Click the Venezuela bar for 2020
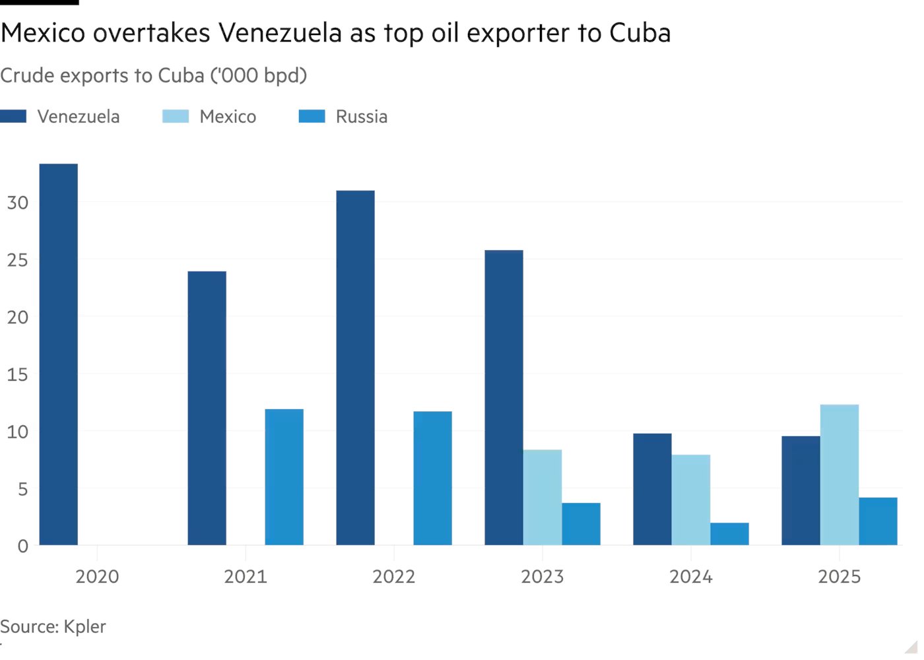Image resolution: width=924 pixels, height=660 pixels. [x=58, y=354]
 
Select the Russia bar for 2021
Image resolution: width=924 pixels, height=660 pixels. [x=284, y=477]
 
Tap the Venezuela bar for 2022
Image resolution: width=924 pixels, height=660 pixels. [x=355, y=368]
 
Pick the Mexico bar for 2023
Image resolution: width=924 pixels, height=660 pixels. [x=543, y=497]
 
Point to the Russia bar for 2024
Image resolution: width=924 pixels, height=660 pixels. [x=729, y=534]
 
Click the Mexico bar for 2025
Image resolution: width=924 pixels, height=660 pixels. [x=839, y=475]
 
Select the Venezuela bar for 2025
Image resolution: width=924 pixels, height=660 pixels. [x=801, y=490]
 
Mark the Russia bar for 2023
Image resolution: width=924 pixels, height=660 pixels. [x=581, y=524]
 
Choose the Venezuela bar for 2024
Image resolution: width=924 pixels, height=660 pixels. [x=652, y=489]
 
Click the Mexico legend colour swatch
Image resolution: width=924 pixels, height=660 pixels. [x=176, y=117]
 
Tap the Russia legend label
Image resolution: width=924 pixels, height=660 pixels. [x=361, y=117]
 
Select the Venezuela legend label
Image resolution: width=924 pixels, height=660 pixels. [x=79, y=117]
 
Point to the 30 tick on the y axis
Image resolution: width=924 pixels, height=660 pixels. [x=18, y=203]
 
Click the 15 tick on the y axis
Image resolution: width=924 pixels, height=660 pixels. [x=18, y=374]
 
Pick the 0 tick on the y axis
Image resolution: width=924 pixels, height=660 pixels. [x=23, y=546]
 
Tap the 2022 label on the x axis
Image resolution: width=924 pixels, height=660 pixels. [x=393, y=576]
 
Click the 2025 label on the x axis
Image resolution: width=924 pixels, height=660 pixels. [x=839, y=576]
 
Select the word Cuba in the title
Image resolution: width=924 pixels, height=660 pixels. [x=640, y=33]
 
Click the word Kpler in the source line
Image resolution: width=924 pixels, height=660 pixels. [x=84, y=626]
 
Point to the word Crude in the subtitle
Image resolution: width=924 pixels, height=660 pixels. [x=27, y=76]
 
